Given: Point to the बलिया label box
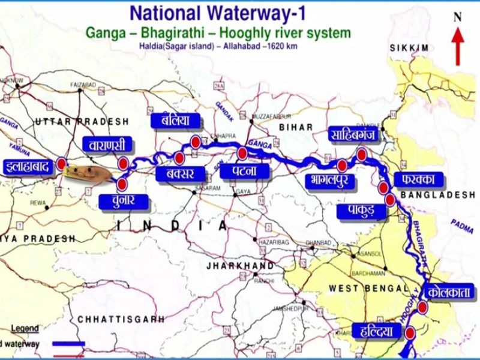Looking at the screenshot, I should [x=171, y=120].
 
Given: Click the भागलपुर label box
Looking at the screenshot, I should [x=329, y=180].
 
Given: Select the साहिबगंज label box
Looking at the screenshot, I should [x=352, y=134].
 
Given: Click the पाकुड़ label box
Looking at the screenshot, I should [x=356, y=211].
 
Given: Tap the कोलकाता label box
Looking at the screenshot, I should [x=450, y=293].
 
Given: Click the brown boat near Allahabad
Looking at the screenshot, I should [x=88, y=173].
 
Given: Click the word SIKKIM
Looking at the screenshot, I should [x=409, y=47].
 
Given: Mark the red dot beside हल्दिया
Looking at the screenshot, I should [x=410, y=332].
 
